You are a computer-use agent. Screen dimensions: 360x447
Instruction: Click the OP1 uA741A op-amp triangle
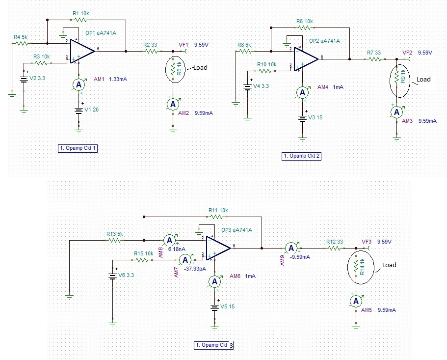(x=81, y=50)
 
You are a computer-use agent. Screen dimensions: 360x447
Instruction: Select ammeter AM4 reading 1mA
(x=303, y=92)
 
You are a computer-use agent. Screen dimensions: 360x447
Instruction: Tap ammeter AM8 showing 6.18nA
(x=169, y=240)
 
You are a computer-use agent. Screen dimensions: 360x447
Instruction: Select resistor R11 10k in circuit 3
(x=216, y=216)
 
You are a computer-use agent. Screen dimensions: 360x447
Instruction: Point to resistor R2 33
(x=150, y=51)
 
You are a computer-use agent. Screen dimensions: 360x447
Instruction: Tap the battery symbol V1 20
(x=78, y=110)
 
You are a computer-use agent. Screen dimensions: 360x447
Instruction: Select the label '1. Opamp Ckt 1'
(x=77, y=148)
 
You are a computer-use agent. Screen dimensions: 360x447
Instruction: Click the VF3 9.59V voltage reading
(x=377, y=242)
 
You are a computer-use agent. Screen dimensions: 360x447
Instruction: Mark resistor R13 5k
(x=114, y=241)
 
